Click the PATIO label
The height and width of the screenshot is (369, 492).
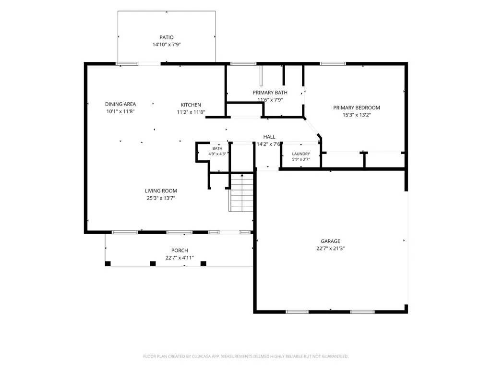point(166,37)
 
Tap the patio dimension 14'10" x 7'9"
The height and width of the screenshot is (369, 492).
point(167,45)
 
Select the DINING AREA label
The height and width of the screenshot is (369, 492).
point(120,104)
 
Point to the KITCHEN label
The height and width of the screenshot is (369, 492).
point(191,105)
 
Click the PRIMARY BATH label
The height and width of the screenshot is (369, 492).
point(270,93)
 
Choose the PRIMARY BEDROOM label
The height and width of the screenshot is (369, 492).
point(357,107)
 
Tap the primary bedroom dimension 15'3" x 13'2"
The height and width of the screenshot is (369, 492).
point(357,115)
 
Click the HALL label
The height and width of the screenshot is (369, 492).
point(269,137)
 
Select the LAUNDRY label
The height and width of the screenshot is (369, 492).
point(301,154)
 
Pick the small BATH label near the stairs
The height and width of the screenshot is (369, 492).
point(217,148)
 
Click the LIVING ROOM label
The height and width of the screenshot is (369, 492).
point(161,191)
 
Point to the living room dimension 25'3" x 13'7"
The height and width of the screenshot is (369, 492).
point(161,198)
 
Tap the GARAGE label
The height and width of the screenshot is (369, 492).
point(330,241)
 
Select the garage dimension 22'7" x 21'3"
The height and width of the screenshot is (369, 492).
point(330,249)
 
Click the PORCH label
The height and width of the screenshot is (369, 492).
point(180,250)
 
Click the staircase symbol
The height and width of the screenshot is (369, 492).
point(241,192)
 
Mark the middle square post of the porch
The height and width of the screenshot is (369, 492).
point(153,263)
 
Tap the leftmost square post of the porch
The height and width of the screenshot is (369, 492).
point(108,263)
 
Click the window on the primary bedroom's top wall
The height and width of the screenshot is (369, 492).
point(333,64)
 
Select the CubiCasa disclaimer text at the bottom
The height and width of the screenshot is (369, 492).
point(246,357)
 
